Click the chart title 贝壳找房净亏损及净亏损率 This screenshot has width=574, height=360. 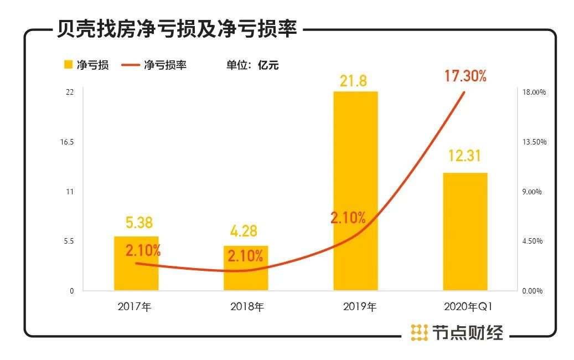tap(177, 28)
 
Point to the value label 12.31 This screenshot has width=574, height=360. tap(465, 157)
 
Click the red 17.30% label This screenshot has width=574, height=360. tap(465, 76)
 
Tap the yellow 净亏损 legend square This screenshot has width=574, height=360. tap(69, 65)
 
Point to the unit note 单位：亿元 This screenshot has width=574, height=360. tap(252, 65)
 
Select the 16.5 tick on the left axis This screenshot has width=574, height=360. tap(68, 142)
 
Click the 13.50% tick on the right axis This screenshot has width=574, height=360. tap(535, 142)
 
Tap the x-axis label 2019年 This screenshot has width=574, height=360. tap(355, 307)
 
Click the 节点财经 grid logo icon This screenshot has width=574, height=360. tap(419, 332)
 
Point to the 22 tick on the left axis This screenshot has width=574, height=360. tap(70, 92)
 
